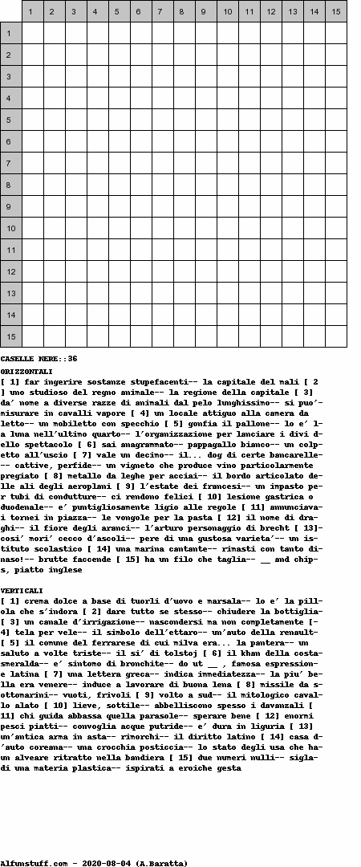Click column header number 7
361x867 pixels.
[162, 11]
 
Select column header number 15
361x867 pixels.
[335, 11]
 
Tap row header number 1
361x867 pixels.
[10, 33]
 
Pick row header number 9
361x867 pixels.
[10, 206]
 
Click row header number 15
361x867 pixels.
[10, 336]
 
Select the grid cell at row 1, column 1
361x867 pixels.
[32, 33]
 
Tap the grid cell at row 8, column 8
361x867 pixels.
[184, 185]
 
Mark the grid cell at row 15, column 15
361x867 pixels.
[335, 336]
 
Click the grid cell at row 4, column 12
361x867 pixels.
[270, 98]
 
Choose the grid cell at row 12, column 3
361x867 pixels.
[75, 271]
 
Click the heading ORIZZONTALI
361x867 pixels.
[26, 372]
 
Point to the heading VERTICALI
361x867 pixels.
[22, 590]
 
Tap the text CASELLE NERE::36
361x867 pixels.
[39, 358]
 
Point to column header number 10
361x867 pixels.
[227, 11]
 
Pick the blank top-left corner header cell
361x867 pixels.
[10, 11]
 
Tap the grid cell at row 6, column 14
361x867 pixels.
[314, 141]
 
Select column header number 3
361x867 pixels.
[75, 11]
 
